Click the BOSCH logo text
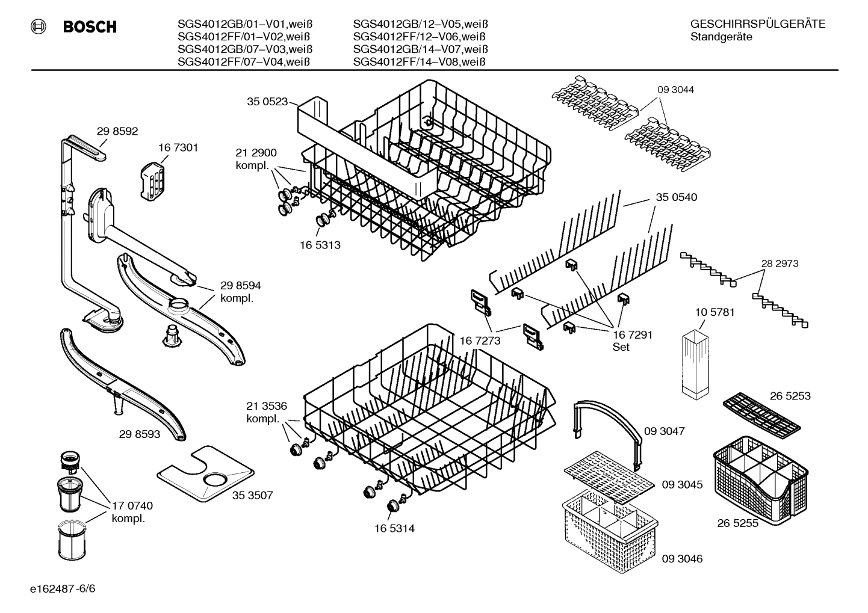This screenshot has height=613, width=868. click(x=89, y=26)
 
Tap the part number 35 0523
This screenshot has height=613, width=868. click(x=267, y=102)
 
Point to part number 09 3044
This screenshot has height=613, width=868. click(x=675, y=90)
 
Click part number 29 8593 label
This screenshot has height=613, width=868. click(x=140, y=433)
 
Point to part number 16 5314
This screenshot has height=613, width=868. click(x=394, y=528)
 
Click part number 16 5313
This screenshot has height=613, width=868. click(x=320, y=245)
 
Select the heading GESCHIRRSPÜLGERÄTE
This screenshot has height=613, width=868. click(x=757, y=25)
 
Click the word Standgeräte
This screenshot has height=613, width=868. click(x=721, y=37)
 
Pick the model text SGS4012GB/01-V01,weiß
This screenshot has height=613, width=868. click(x=245, y=25)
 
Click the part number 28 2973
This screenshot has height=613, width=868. click(x=780, y=263)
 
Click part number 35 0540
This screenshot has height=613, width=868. click(x=677, y=197)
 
